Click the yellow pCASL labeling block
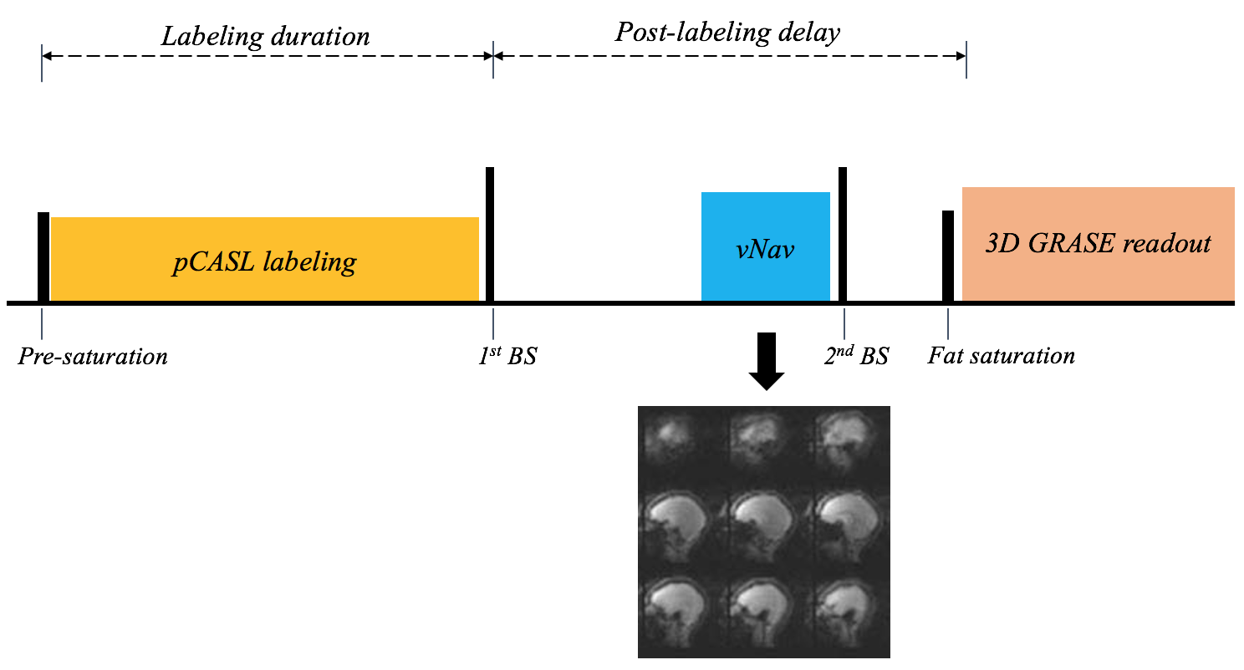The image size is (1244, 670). tap(265, 259)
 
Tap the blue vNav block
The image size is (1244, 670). tap(765, 246)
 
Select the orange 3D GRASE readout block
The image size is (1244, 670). tap(1098, 243)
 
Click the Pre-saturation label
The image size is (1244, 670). tap(93, 357)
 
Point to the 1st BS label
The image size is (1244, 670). tap(502, 357)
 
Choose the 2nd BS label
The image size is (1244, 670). tap(856, 357)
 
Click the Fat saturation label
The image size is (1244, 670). tap(1001, 356)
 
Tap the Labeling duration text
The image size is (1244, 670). tap(265, 37)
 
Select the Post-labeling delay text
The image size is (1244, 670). tap(727, 33)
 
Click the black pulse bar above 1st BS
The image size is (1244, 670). tap(490, 234)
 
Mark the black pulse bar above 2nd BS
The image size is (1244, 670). tap(843, 234)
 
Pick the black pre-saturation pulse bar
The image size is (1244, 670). tap(43, 256)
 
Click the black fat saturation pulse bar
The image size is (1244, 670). tap(948, 256)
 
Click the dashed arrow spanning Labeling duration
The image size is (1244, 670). tap(267, 56)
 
